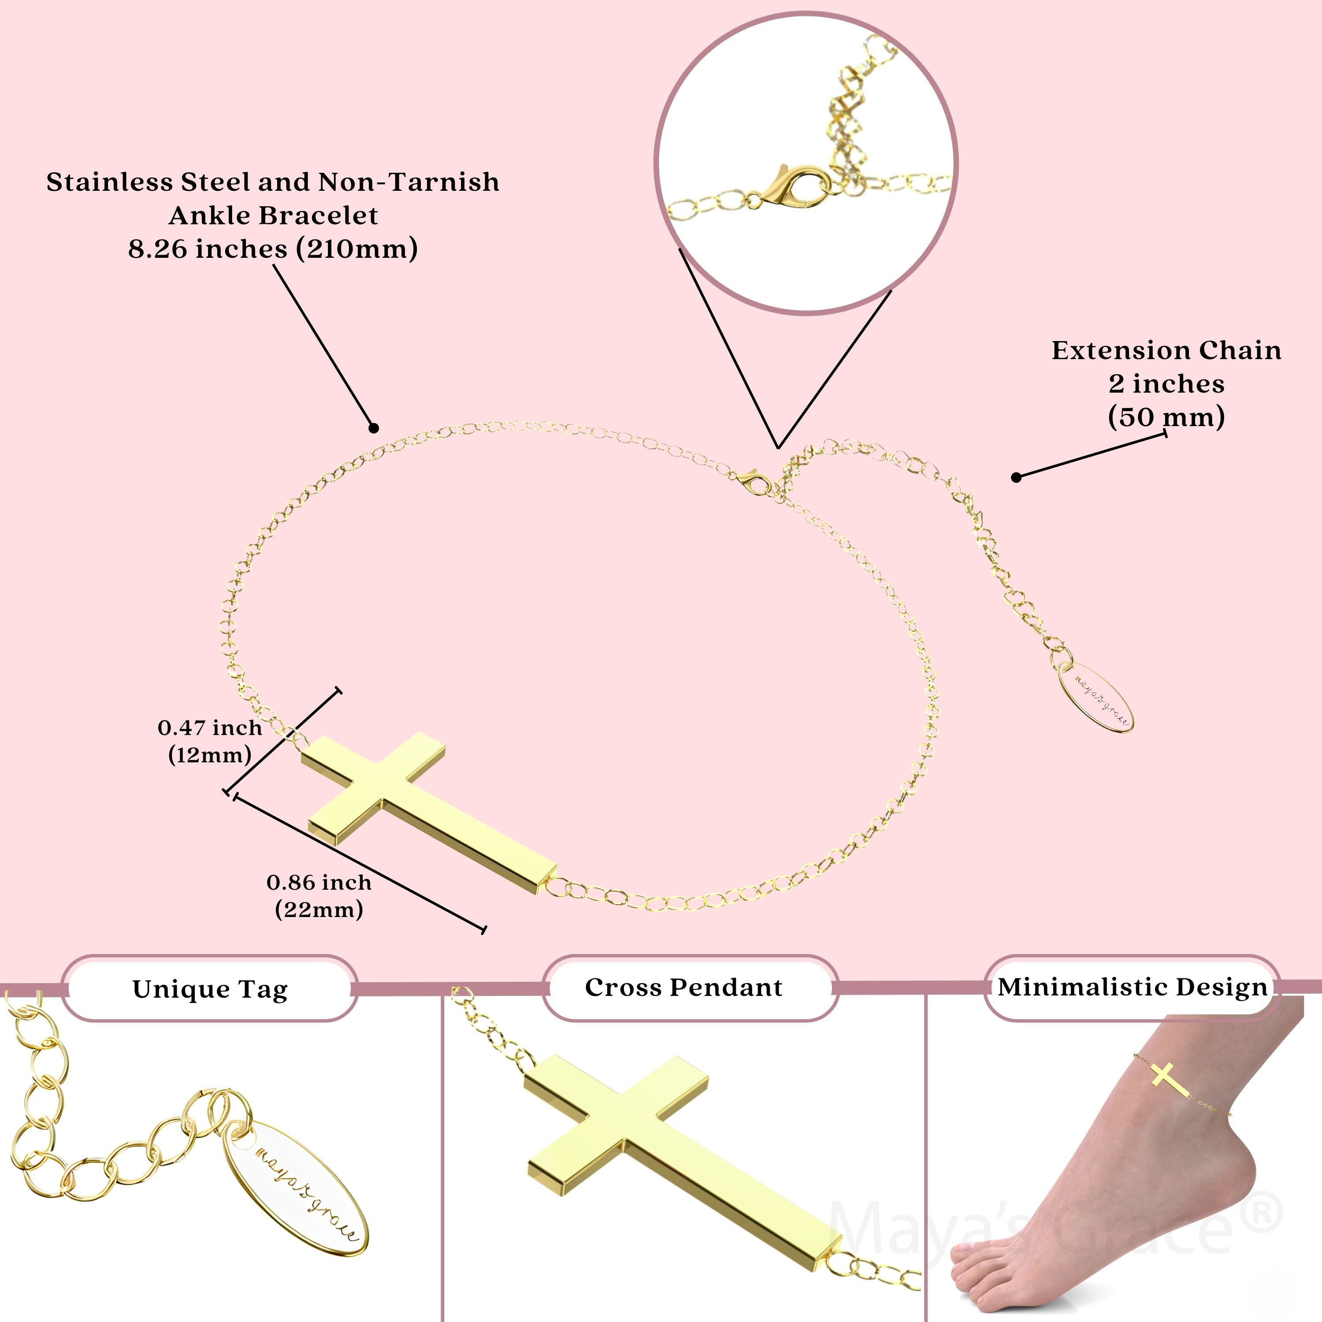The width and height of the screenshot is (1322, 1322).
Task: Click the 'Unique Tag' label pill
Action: point(210,989)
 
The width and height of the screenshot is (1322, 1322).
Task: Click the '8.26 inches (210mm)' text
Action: point(272,249)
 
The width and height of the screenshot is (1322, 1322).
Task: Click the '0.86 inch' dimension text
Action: point(319,882)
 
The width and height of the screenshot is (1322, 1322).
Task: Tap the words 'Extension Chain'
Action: point(1166,350)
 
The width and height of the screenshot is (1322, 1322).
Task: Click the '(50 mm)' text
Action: point(1166,417)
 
